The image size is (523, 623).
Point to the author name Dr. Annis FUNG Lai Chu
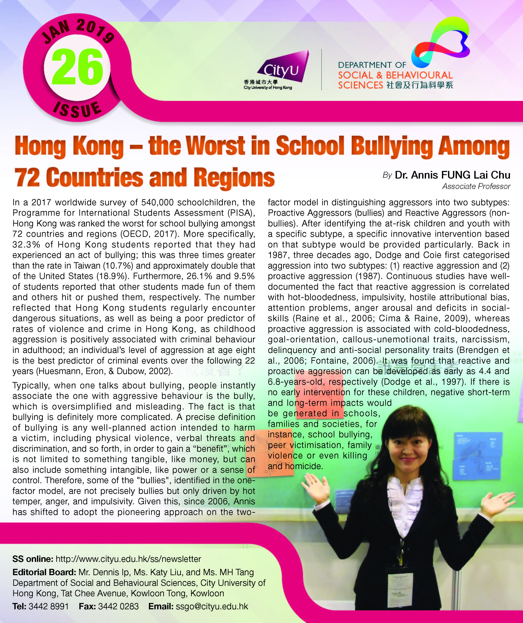(x=452, y=175)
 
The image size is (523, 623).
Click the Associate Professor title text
(x=476, y=186)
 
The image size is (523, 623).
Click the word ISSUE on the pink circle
(x=77, y=110)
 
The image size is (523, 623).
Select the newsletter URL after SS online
(x=128, y=559)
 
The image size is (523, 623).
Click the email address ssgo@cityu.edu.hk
(x=212, y=606)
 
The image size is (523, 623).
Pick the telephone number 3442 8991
(x=49, y=606)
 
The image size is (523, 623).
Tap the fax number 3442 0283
(x=118, y=606)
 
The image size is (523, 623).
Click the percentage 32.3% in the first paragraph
(x=26, y=244)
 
